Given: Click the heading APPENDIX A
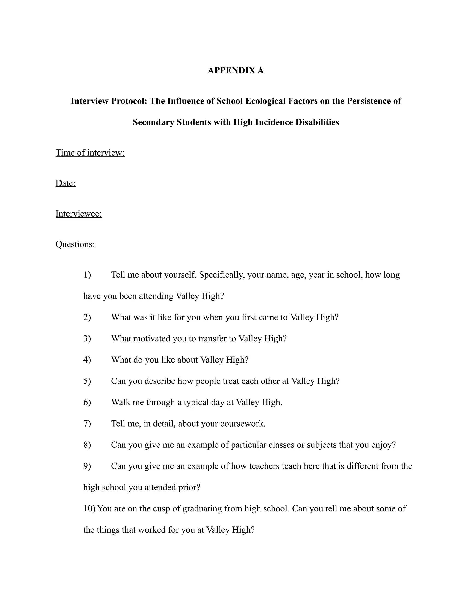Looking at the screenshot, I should click(x=236, y=70).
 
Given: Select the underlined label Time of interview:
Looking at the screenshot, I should click(x=90, y=153).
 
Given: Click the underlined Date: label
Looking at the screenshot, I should click(x=65, y=183).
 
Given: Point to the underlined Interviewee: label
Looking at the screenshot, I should click(x=79, y=214).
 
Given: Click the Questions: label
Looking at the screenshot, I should click(x=75, y=244).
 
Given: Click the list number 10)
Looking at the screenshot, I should click(x=89, y=509).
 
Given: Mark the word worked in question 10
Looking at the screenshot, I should click(x=152, y=530).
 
